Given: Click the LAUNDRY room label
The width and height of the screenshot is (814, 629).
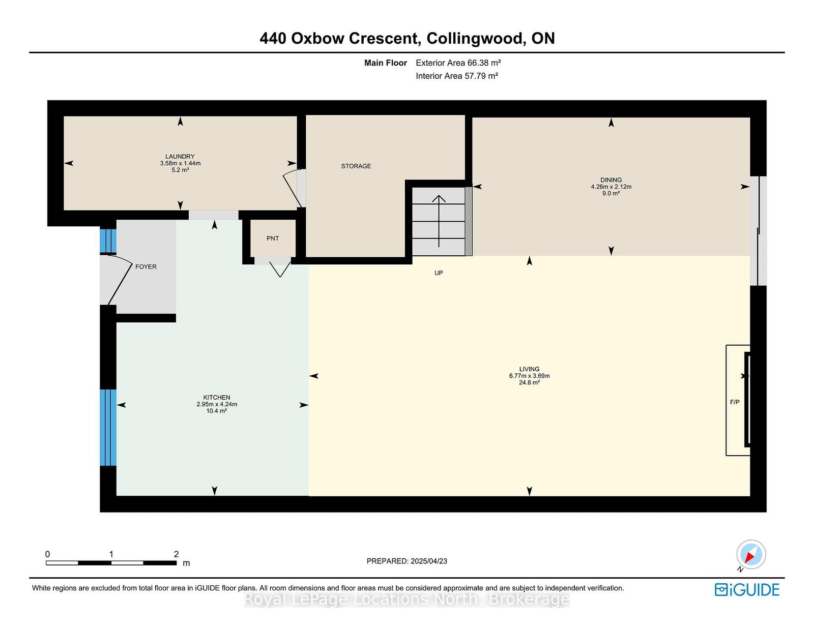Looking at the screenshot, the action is point(180,157).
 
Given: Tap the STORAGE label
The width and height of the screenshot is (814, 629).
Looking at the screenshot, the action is point(356,166).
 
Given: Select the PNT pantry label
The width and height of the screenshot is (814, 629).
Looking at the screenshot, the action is point(273,238).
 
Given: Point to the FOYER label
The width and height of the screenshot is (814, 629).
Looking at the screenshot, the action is point(146,266).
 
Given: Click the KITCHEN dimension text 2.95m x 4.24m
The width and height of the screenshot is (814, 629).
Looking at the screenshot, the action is point(217,404).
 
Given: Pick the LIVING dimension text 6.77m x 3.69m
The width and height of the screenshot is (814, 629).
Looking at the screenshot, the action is point(529,376).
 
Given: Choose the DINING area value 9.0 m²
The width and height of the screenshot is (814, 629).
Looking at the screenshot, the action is point(611,194).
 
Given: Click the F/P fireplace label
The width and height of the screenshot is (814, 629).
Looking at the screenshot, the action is point(735,402).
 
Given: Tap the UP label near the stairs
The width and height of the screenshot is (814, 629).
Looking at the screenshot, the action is point(439,273).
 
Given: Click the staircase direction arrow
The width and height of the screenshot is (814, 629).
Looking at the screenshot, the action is point(439,221).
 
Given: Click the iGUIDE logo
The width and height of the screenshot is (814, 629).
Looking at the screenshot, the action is point(746,590).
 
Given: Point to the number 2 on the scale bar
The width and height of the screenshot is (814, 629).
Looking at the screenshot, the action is point(176,554).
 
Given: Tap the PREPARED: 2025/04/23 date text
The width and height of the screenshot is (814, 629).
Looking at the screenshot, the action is point(407,561).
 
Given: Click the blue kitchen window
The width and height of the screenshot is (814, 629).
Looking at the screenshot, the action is point(108,428).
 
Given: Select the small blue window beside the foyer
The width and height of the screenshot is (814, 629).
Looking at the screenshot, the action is point(108,241).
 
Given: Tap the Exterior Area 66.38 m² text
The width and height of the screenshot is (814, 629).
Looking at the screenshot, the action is point(458,63).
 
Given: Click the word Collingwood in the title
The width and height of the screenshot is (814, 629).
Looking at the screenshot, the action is point(475,38).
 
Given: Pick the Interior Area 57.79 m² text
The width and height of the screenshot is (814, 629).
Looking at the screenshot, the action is point(457,76).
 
